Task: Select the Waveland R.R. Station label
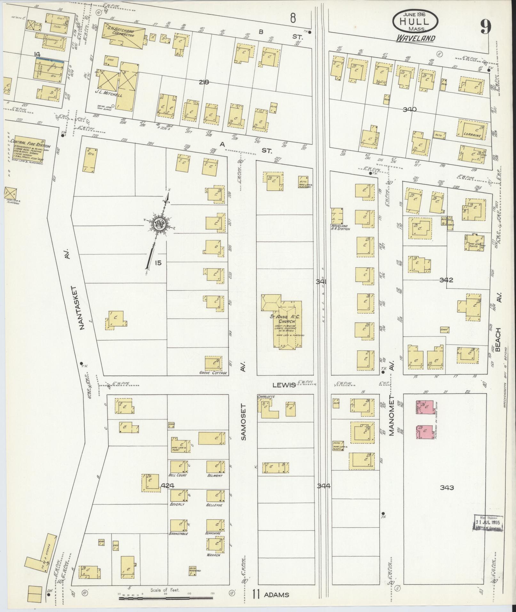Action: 340,229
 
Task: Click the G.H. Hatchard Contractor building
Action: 123,36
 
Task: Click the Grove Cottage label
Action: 213,373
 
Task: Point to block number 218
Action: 203,82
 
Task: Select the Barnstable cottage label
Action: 179,534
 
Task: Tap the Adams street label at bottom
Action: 276,595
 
